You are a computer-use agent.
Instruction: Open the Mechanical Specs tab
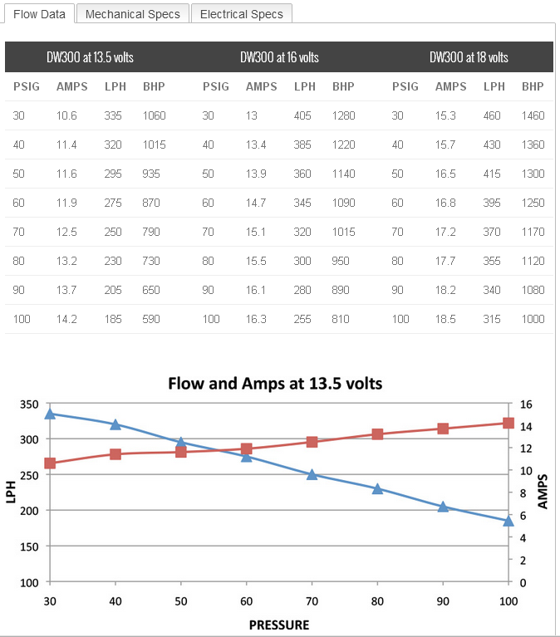132,14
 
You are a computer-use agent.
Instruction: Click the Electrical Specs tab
241,14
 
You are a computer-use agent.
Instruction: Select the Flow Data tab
39,14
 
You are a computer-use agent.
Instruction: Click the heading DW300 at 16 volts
279,57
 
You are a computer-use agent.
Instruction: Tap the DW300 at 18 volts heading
469,57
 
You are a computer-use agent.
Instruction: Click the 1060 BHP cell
155,115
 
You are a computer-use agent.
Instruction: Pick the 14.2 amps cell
66,319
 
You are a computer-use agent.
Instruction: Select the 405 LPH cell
302,115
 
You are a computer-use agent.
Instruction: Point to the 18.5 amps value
445,319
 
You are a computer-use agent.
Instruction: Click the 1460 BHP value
533,115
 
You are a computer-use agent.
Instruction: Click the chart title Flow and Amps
275,384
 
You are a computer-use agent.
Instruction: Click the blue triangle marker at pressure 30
50,413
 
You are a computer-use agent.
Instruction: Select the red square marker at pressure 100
508,423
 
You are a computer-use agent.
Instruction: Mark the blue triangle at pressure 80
377,488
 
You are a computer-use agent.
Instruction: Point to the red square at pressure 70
312,442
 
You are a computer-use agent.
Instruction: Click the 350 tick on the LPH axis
30,404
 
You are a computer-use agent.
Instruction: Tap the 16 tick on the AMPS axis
525,404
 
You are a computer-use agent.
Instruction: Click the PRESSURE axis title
279,625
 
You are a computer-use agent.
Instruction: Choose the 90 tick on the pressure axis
443,600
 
